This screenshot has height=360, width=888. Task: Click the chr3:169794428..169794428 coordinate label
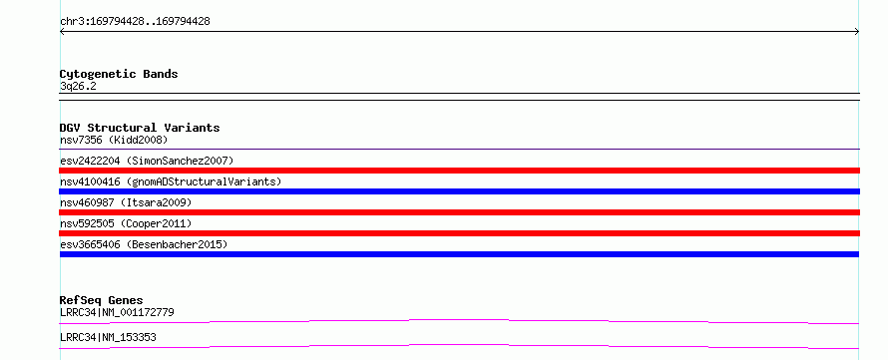click(x=135, y=22)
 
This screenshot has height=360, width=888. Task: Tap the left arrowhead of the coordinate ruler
click(x=62, y=32)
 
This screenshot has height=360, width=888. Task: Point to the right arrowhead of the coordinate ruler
click(x=857, y=32)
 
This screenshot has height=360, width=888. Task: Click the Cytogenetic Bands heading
click(x=119, y=74)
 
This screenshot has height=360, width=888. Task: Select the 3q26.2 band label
click(x=78, y=87)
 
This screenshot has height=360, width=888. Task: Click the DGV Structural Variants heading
click(x=140, y=128)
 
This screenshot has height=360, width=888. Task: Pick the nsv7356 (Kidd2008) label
click(x=114, y=140)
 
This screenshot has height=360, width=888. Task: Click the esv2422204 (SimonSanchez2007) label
click(x=147, y=161)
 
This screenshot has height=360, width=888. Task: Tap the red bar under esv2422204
click(x=459, y=171)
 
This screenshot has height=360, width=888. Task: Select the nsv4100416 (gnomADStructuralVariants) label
click(x=171, y=181)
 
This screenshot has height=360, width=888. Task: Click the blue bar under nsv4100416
click(x=459, y=191)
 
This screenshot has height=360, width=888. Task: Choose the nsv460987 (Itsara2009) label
click(x=126, y=202)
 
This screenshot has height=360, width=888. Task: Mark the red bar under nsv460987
click(x=459, y=212)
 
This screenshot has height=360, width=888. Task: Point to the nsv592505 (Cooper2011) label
click(x=126, y=223)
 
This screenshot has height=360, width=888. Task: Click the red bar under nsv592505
click(x=459, y=233)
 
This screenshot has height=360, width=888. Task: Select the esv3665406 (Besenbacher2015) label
click(x=144, y=244)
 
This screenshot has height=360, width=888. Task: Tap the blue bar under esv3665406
click(x=459, y=254)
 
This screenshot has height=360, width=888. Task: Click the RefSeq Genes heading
click(x=102, y=300)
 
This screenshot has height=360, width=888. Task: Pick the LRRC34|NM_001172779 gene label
click(x=117, y=312)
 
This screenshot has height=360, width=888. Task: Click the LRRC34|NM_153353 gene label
click(x=108, y=338)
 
